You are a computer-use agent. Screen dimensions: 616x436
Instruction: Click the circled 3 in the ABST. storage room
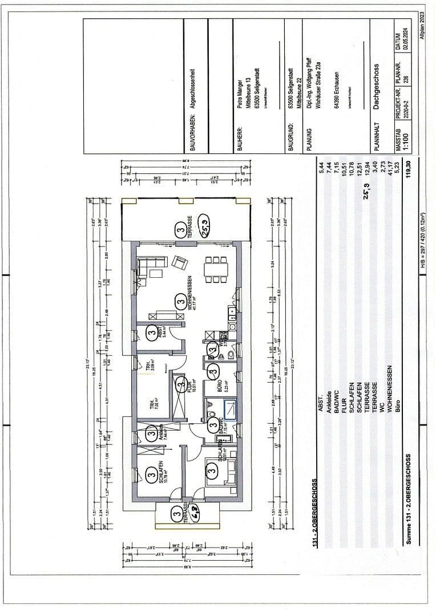(152, 331)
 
